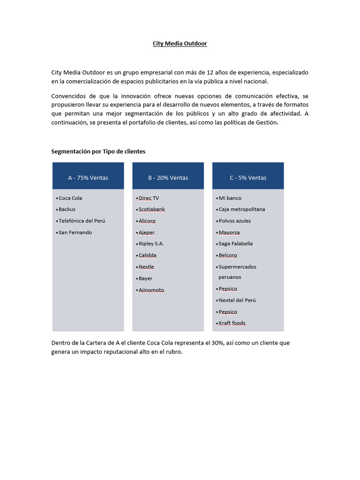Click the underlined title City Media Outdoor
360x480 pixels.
180,44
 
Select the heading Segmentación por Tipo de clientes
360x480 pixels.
98,151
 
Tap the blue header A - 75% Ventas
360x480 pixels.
88,178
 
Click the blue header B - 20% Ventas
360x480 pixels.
168,178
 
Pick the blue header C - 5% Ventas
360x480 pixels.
248,178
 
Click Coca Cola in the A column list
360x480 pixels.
70,198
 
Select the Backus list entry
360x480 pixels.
67,209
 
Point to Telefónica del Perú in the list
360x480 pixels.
82,221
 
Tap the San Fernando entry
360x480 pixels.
75,232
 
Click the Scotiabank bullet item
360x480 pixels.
152,209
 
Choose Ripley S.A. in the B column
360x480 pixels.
151,244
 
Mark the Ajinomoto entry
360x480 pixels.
151,290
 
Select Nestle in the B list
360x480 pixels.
146,267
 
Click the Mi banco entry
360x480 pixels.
230,198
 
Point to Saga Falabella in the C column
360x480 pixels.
235,244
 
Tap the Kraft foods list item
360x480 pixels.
232,323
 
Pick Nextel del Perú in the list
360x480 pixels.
237,300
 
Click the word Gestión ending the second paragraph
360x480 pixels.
267,122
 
